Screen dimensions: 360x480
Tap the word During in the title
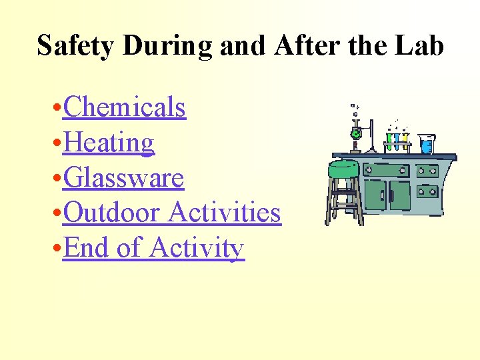[168, 46]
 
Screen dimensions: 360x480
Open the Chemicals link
[124, 107]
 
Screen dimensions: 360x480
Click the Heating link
[109, 142]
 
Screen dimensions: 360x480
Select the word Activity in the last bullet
[197, 248]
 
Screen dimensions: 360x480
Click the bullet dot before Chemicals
[57, 108]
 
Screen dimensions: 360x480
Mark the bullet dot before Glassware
[57, 179]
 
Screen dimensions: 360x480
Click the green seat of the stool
[344, 168]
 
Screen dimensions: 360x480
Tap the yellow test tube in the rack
[404, 140]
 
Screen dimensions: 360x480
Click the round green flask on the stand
[356, 133]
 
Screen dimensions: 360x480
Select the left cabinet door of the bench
[376, 195]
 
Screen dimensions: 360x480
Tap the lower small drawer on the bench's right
[427, 192]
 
